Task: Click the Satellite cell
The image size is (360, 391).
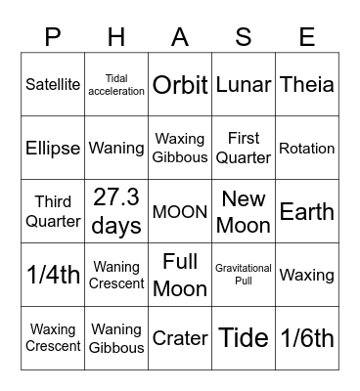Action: click(54, 85)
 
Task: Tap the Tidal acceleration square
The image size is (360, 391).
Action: click(116, 85)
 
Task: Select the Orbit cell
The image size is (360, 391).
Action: click(180, 85)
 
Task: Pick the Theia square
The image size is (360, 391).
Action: click(306, 85)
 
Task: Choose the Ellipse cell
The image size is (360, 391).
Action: click(54, 149)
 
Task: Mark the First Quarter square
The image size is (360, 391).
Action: click(244, 149)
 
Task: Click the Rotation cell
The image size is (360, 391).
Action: click(306, 149)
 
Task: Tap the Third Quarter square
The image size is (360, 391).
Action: click(54, 211)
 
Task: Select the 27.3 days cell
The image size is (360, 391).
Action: click(116, 211)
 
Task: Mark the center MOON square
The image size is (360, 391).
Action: click(180, 211)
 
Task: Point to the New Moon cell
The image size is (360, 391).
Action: click(244, 211)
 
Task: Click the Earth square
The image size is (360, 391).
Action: click(306, 211)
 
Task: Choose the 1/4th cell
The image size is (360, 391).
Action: click(54, 275)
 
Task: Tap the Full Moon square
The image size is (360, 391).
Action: click(180, 275)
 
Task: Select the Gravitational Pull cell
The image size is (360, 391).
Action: click(244, 275)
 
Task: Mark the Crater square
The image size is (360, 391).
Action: click(180, 338)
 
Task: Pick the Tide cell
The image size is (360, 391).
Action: click(244, 338)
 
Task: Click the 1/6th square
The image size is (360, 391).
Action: click(306, 338)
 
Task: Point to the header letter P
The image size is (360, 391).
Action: click(54, 37)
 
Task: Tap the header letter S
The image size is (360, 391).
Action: click(244, 37)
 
